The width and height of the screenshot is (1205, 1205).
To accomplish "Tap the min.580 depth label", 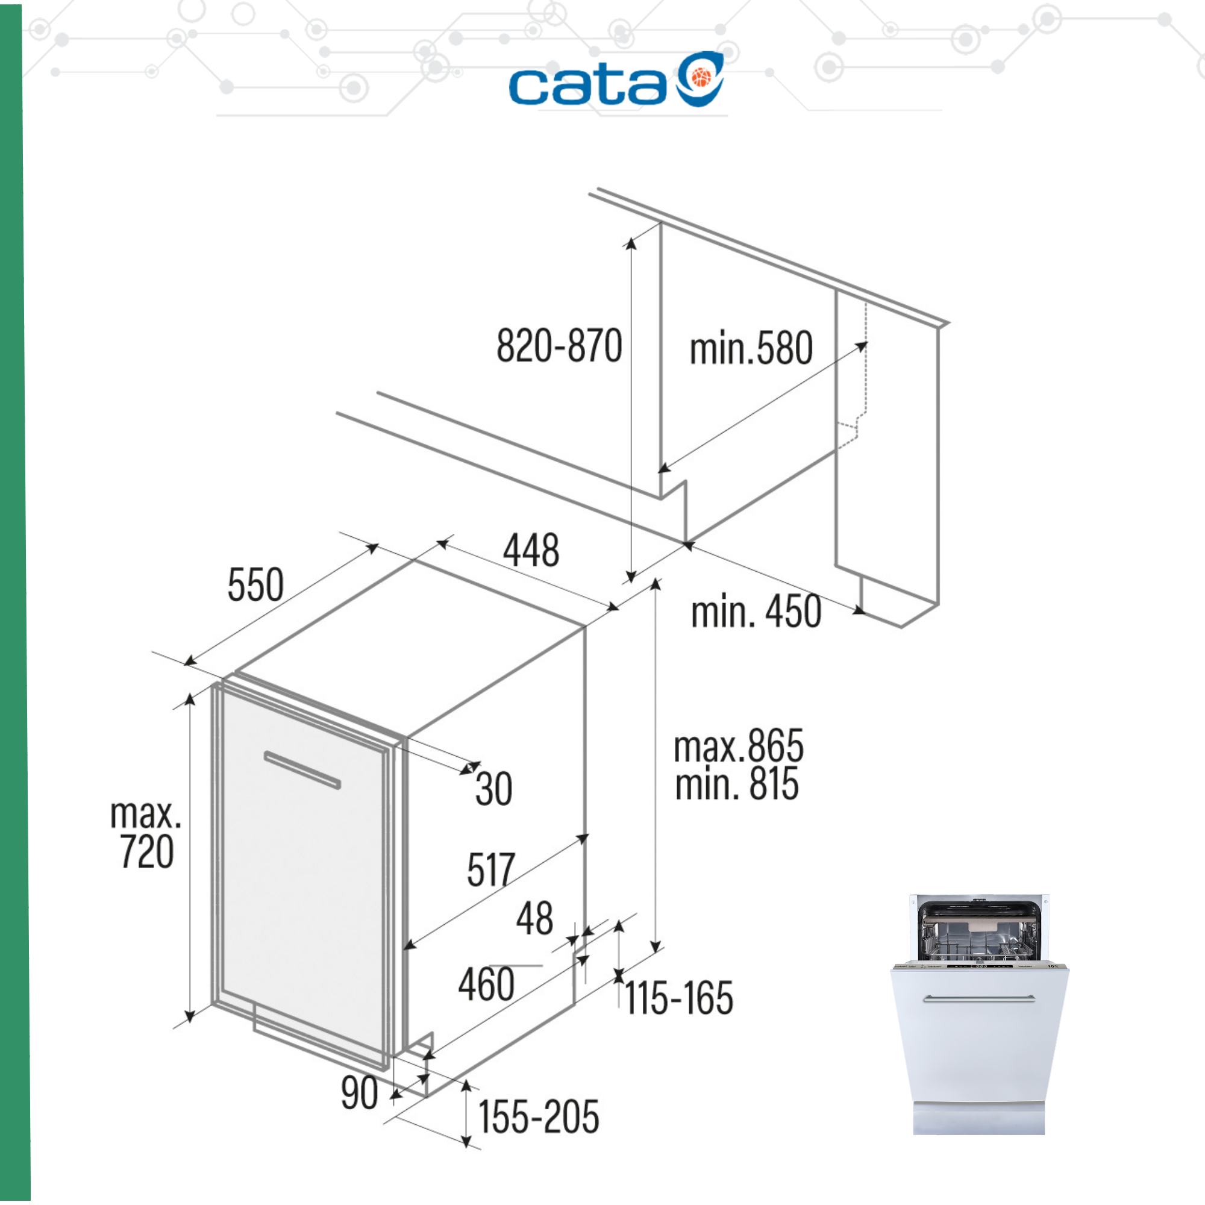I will (751, 348).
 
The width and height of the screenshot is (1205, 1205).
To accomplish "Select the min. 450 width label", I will (756, 612).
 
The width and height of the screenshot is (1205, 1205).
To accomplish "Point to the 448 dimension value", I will (531, 550).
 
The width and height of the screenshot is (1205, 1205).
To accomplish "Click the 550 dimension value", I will (255, 584).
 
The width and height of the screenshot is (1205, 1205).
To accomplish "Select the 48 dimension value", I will (534, 918).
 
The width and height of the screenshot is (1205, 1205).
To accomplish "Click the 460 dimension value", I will (486, 984).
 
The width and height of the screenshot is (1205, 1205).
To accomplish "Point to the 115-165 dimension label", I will (679, 998).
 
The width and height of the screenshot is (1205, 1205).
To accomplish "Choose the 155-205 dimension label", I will (539, 1116).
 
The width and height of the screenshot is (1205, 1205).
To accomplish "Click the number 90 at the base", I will (359, 1093).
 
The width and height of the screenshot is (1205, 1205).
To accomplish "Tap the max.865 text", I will (739, 745).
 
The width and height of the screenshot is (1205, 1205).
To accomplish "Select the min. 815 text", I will (737, 784).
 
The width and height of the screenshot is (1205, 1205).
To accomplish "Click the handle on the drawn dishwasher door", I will (302, 769).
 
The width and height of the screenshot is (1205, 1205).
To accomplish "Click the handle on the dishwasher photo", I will (978, 998).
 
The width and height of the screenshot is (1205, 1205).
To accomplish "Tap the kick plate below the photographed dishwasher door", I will (978, 1119).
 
